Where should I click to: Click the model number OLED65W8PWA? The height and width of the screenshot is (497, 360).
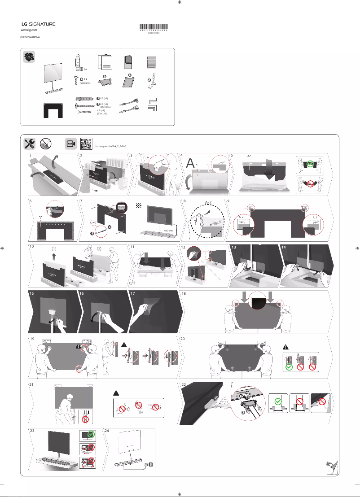tap(30, 38)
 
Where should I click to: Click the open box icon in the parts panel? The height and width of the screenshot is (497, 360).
tap(29, 57)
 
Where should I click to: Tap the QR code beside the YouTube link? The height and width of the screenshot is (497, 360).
tap(87, 144)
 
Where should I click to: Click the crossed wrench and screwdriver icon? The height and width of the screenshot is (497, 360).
tap(29, 144)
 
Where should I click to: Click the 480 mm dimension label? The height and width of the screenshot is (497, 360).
tap(170, 231)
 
